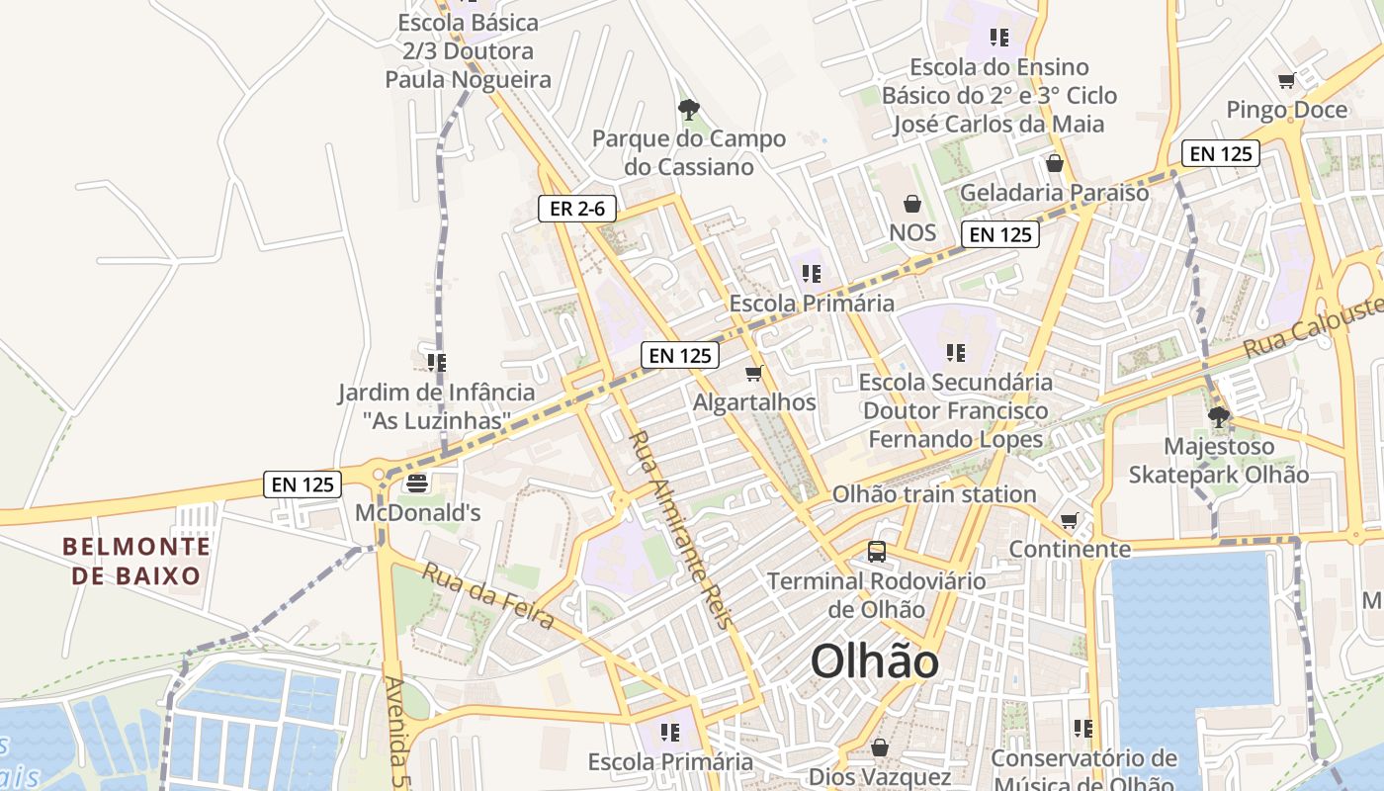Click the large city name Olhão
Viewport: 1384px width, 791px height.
pos(874,661)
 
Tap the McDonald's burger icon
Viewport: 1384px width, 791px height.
pos(416,483)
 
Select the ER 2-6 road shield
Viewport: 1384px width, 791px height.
pos(577,209)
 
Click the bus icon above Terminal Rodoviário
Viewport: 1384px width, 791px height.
pos(877,552)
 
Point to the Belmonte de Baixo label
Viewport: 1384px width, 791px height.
pos(136,561)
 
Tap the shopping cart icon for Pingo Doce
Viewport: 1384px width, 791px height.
pos(1286,81)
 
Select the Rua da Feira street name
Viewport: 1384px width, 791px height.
pos(488,595)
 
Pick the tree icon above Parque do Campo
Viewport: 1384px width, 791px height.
pos(689,109)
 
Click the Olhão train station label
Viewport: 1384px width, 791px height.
pos(933,494)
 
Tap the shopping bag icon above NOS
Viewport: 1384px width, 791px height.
pos(912,204)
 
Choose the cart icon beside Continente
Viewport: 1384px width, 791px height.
pos(1069,520)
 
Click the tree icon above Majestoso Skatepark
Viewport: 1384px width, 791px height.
pos(1219,417)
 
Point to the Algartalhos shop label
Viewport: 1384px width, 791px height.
pos(754,402)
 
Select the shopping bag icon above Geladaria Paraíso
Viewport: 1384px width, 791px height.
pos(1054,163)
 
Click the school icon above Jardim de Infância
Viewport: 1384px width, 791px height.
pos(436,363)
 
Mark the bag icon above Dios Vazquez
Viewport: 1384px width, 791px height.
pos(880,747)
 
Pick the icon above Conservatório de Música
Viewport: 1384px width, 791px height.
pos(1083,729)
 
